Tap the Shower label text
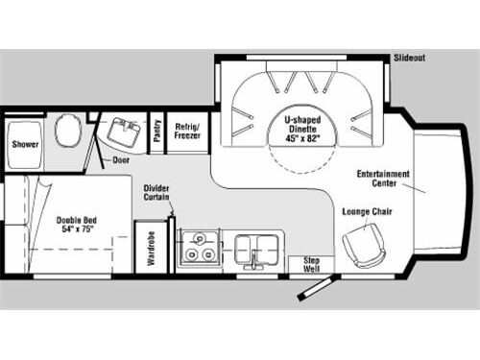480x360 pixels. coord(25,144)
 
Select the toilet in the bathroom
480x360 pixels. coord(65,132)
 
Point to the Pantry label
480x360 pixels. coord(157,131)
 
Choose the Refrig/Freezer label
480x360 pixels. coord(186,130)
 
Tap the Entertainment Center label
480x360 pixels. coord(383,180)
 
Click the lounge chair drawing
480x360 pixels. coord(363,244)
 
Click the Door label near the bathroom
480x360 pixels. coord(122,160)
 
